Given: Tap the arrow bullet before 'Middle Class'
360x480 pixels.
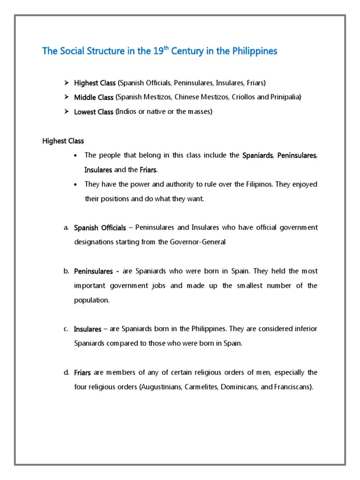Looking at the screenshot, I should [67, 97].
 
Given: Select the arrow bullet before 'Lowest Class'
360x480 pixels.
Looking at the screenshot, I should [67, 112].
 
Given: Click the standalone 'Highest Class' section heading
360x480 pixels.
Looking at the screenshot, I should [63, 141].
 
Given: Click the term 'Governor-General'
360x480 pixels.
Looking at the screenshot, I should [200, 242].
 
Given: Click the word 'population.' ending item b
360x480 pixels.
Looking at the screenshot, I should [91, 300].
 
